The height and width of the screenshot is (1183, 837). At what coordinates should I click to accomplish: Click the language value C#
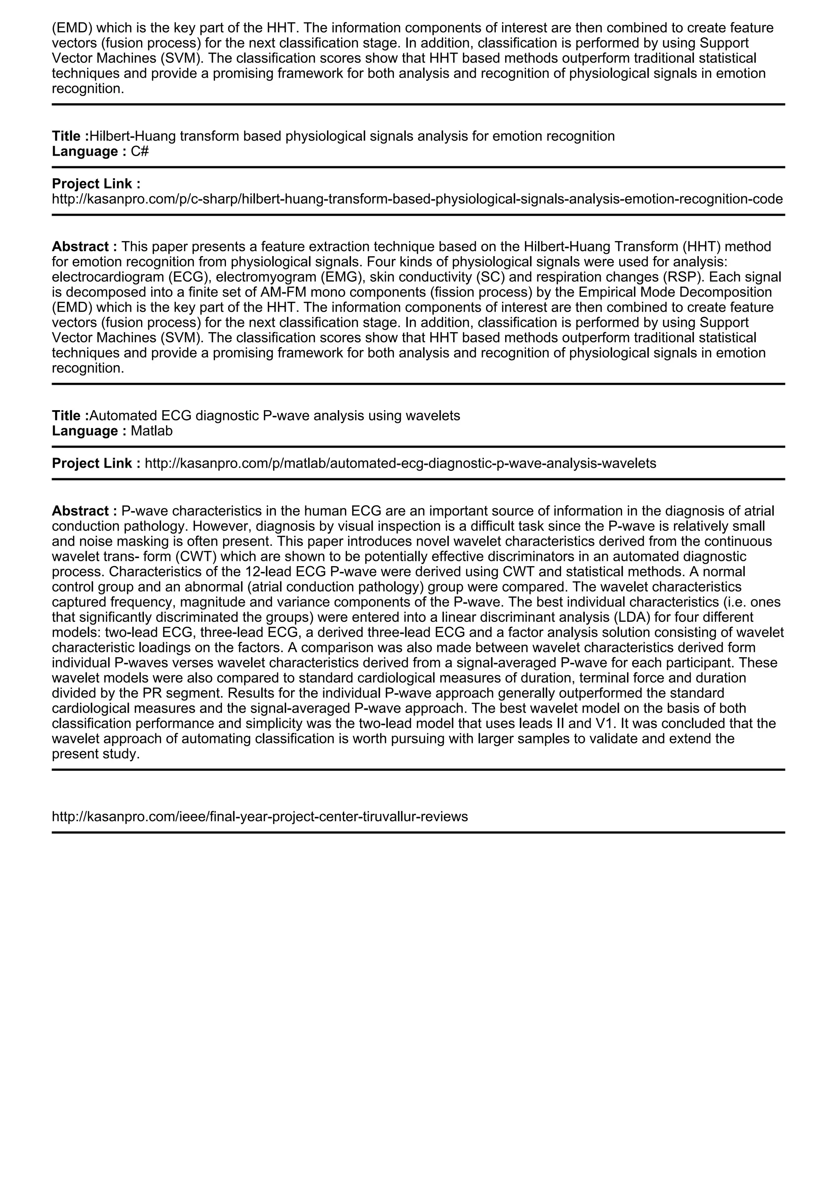tap(140, 152)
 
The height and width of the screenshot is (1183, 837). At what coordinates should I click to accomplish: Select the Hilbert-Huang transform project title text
tap(352, 136)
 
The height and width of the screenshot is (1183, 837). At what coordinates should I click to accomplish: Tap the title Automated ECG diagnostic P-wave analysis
tap(275, 416)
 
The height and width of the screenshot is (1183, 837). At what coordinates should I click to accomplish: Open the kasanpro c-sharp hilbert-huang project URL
tap(417, 199)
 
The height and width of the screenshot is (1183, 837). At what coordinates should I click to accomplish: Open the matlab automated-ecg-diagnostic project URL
tap(401, 464)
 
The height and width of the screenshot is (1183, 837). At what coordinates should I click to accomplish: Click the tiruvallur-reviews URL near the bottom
tap(260, 817)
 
